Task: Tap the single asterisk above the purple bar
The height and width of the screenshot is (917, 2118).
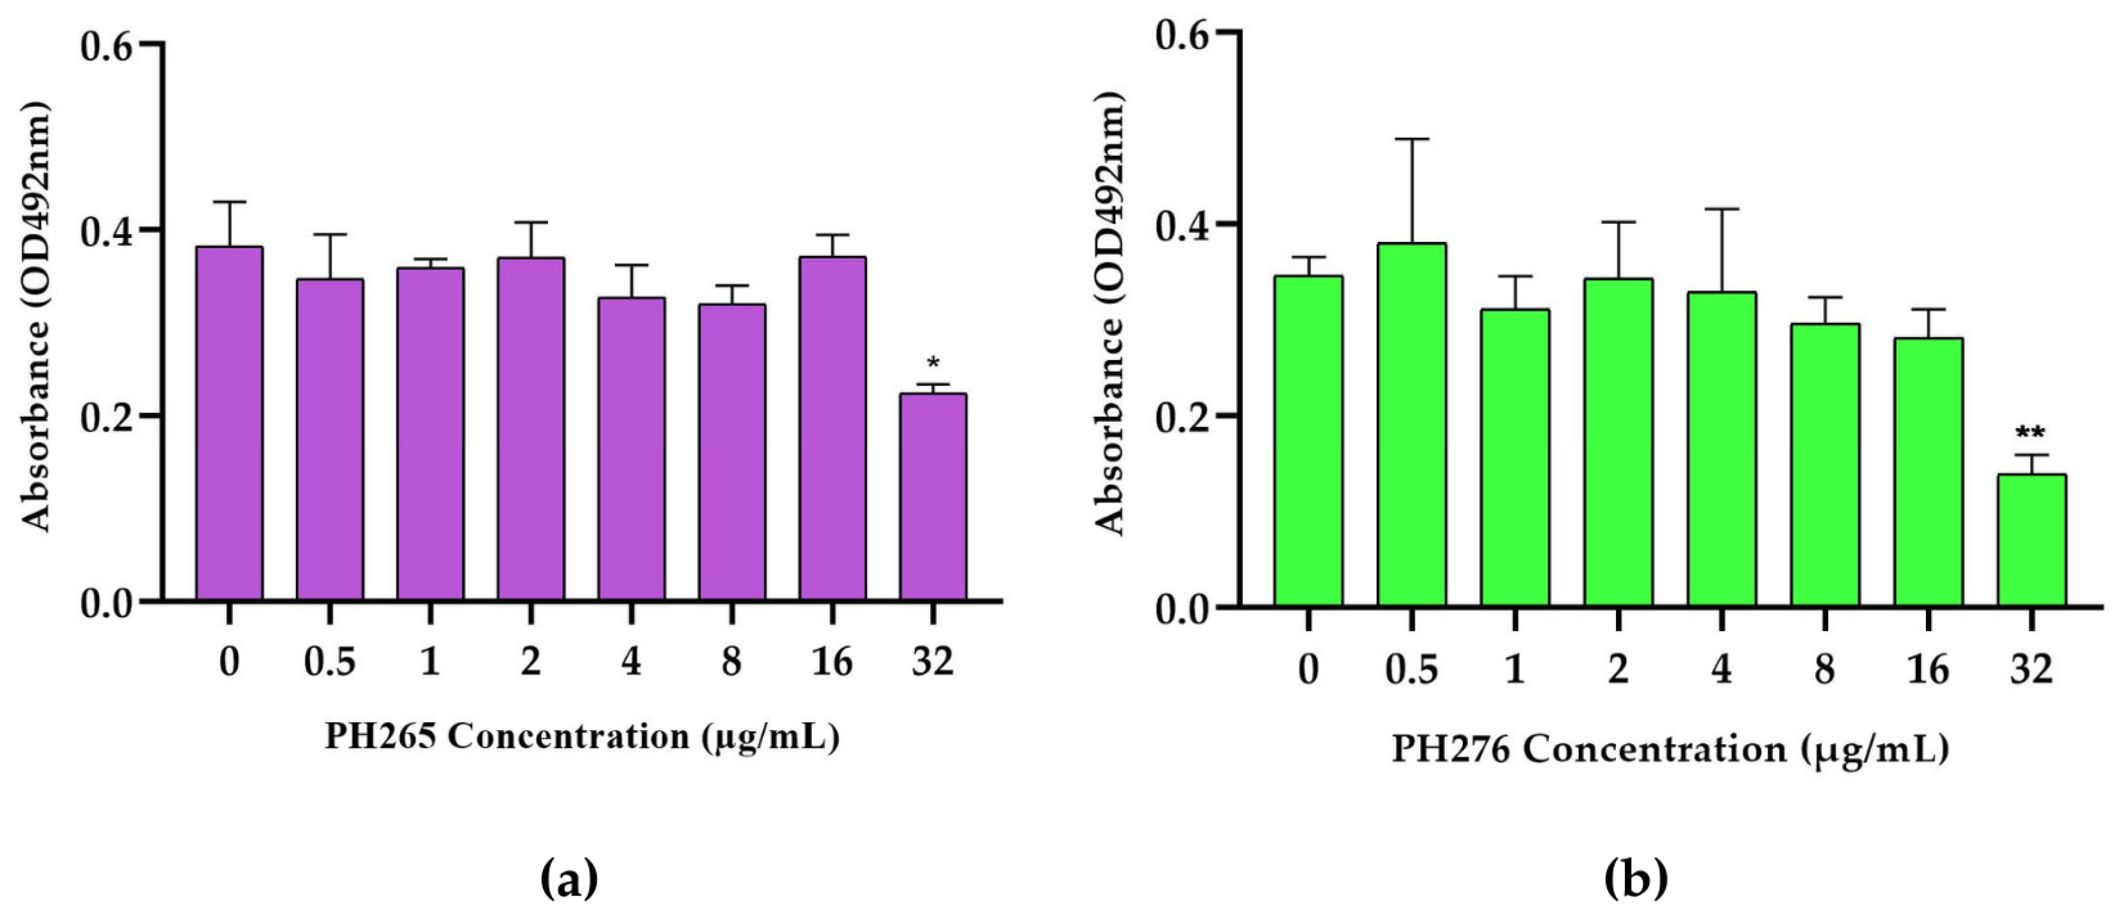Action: coord(933,362)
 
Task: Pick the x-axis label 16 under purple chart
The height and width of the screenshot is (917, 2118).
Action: coord(832,661)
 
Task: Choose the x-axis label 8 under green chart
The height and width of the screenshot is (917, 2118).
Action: coord(1824,669)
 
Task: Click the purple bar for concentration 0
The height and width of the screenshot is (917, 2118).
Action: coord(230,424)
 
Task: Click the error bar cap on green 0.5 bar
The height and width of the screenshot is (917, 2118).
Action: coord(1412,139)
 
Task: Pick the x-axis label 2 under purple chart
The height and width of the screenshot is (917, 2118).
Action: coord(530,661)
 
